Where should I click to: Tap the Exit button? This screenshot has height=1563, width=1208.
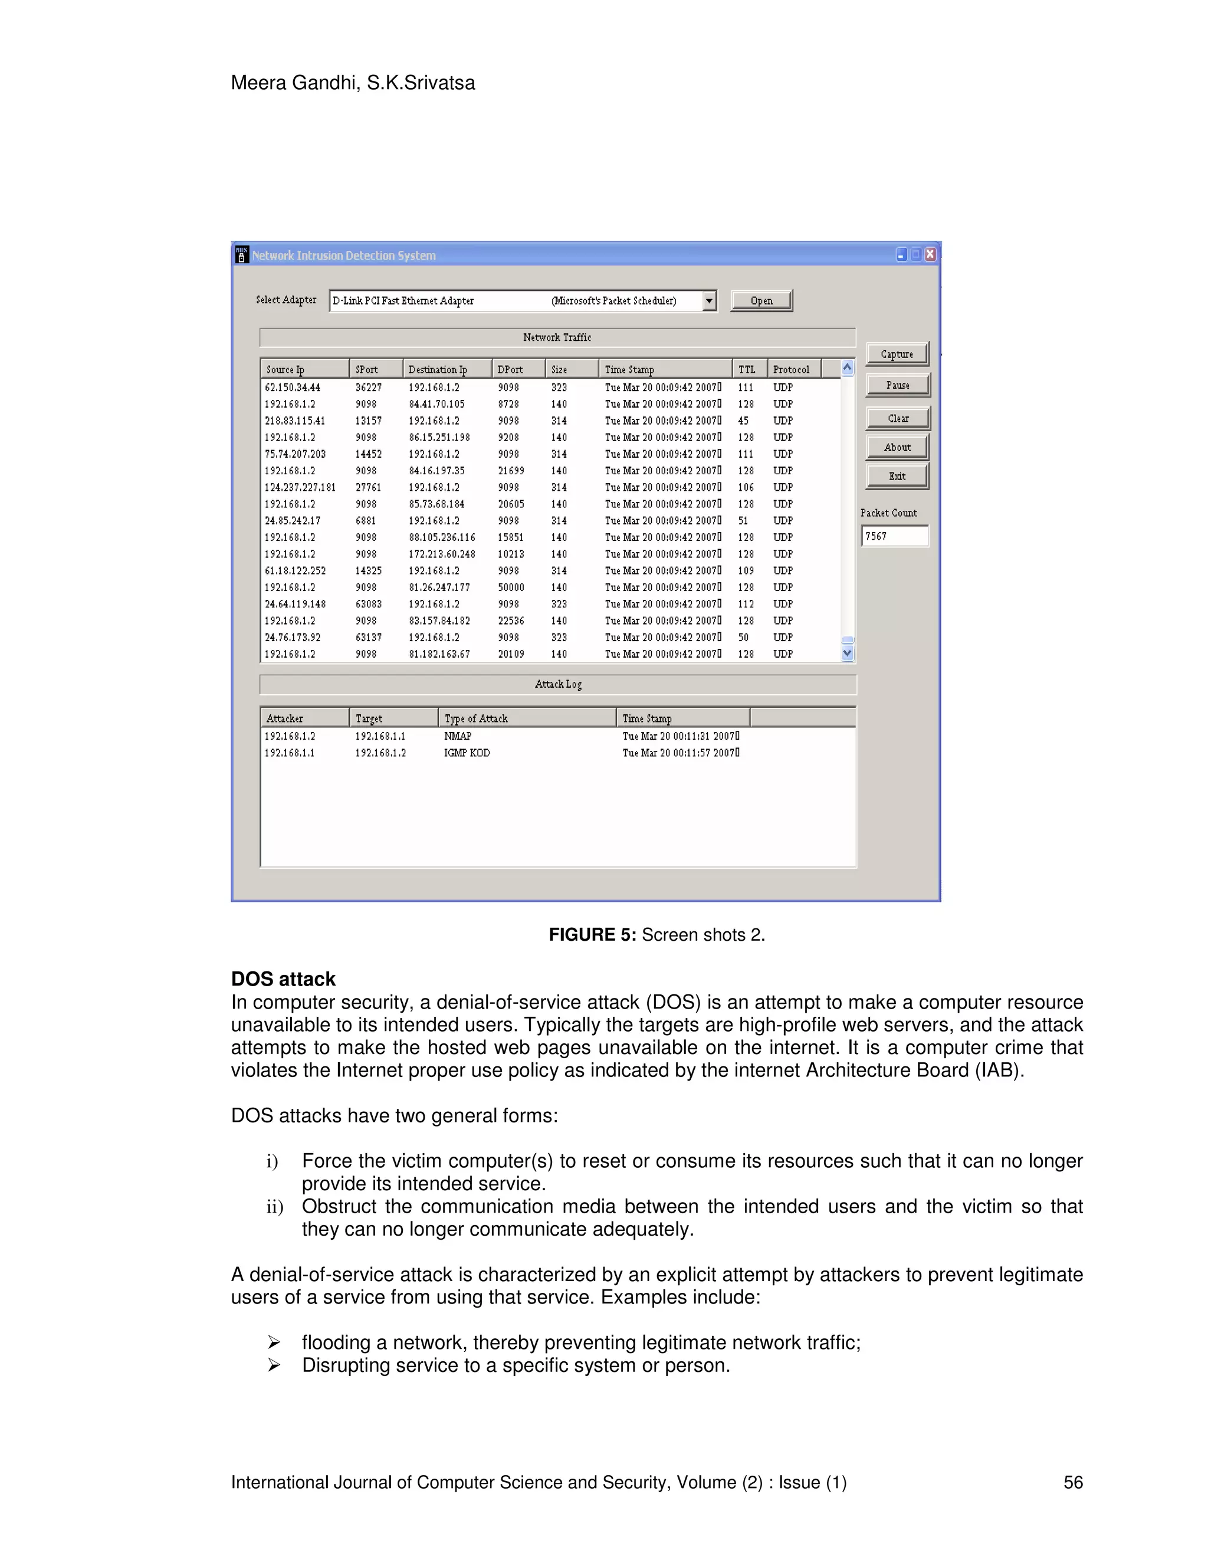point(897,476)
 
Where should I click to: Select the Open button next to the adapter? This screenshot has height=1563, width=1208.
point(761,301)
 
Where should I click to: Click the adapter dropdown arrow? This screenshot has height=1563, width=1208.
point(709,301)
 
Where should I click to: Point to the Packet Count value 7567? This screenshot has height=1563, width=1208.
point(894,536)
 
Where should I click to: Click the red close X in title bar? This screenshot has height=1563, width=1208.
point(930,254)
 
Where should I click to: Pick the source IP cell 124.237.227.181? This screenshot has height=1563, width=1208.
point(300,487)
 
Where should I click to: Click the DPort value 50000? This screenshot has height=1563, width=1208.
point(511,587)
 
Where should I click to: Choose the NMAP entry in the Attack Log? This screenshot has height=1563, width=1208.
point(457,735)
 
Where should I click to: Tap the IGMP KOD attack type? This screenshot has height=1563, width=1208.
point(467,753)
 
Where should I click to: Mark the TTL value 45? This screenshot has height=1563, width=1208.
point(744,421)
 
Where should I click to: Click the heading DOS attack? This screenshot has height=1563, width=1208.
point(283,979)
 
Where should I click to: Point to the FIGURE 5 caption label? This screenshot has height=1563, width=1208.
point(592,935)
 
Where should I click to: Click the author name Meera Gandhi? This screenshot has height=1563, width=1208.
point(295,83)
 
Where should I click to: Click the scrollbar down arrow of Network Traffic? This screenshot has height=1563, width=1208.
point(848,654)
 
